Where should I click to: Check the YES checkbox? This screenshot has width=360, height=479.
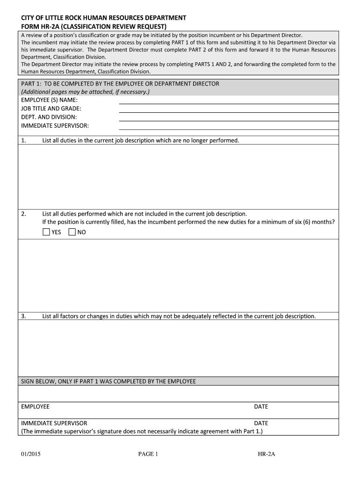[46, 232]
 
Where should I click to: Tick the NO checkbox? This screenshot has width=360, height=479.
[72, 232]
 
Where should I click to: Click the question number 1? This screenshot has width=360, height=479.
[24, 140]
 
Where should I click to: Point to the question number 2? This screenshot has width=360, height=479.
[24, 214]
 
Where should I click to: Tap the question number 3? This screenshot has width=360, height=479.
[24, 316]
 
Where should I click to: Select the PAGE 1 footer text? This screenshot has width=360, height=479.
[148, 454]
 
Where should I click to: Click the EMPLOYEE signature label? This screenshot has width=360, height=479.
[35, 406]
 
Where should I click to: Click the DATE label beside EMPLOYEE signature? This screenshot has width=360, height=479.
[261, 406]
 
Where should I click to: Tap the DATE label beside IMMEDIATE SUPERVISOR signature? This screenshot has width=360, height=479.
[261, 423]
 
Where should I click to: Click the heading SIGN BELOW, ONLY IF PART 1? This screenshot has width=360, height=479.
[108, 381]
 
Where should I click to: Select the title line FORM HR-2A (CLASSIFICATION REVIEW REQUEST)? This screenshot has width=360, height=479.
[94, 26]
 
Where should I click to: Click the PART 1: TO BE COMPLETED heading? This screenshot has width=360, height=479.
[120, 84]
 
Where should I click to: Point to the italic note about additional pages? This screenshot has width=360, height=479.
[85, 92]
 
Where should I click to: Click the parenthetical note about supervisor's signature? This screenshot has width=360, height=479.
[142, 431]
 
